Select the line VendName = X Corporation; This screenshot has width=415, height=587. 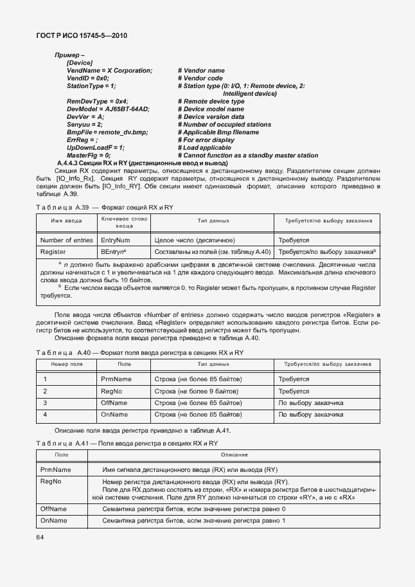pyautogui.click(x=109, y=70)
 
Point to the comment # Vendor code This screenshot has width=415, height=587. pyautogui.click(x=200, y=78)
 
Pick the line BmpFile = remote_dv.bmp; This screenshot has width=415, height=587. pyautogui.click(x=107, y=132)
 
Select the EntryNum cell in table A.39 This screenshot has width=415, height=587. pyautogui.click(x=116, y=240)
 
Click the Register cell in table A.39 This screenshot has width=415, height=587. pyautogui.click(x=53, y=252)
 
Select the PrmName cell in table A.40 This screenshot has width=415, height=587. pyautogui.click(x=114, y=379)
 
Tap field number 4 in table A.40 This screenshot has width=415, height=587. pyautogui.click(x=45, y=415)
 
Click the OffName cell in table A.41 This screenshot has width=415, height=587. pyautogui.click(x=53, y=509)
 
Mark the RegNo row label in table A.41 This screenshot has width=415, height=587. pyautogui.click(x=51, y=482)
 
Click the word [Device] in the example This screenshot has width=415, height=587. pyautogui.click(x=80, y=62)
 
